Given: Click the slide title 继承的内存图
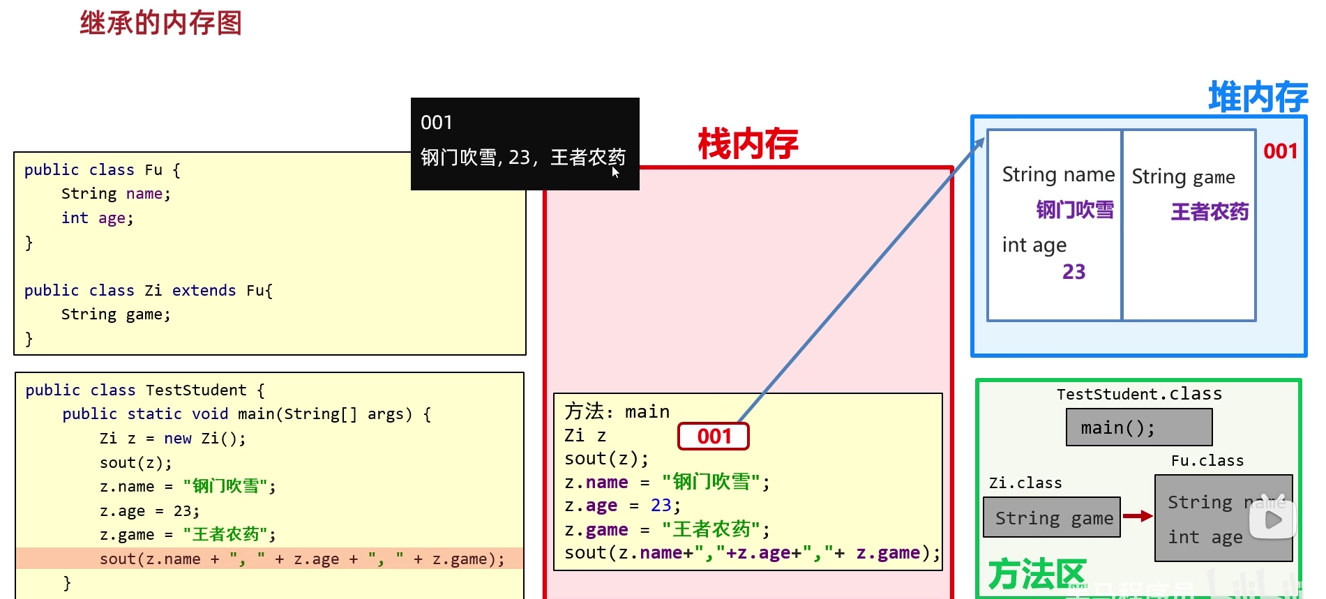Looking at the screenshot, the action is pos(160,23).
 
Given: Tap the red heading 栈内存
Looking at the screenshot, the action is pos(748,144).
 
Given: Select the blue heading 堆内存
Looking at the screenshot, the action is pos(1258,97).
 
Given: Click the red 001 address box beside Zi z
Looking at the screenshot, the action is pos(714,437).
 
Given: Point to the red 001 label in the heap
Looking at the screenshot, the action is pos(1280,151).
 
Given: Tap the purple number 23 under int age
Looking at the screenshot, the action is pos(1073,271).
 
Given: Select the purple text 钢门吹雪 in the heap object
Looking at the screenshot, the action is pos(1074,209).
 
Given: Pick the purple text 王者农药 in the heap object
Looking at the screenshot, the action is pos(1209,211).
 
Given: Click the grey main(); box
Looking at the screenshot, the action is pos(1138,427).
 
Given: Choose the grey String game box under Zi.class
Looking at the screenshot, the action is pos(1051,517).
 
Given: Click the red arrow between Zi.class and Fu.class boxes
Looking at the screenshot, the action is pos(1137,516).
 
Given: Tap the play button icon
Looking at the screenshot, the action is pos(1273,520).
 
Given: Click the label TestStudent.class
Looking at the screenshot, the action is pos(1139,394).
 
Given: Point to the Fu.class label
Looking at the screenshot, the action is pos(1207,461).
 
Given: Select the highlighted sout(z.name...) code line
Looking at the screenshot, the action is pos(301,559).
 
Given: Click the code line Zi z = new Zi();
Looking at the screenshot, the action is pos(172,438).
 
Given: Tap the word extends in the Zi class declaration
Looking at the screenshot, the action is pos(204,290).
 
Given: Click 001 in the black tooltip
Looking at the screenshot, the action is pos(437,123).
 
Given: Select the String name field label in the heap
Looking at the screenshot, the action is pos(1058,174).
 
